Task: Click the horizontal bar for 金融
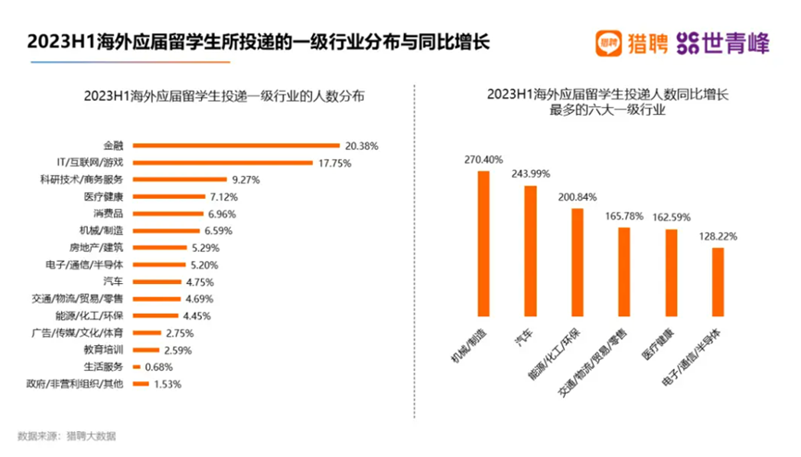point(236,145)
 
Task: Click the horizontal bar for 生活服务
point(136,366)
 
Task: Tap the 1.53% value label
point(166,383)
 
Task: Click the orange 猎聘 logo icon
point(608,43)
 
